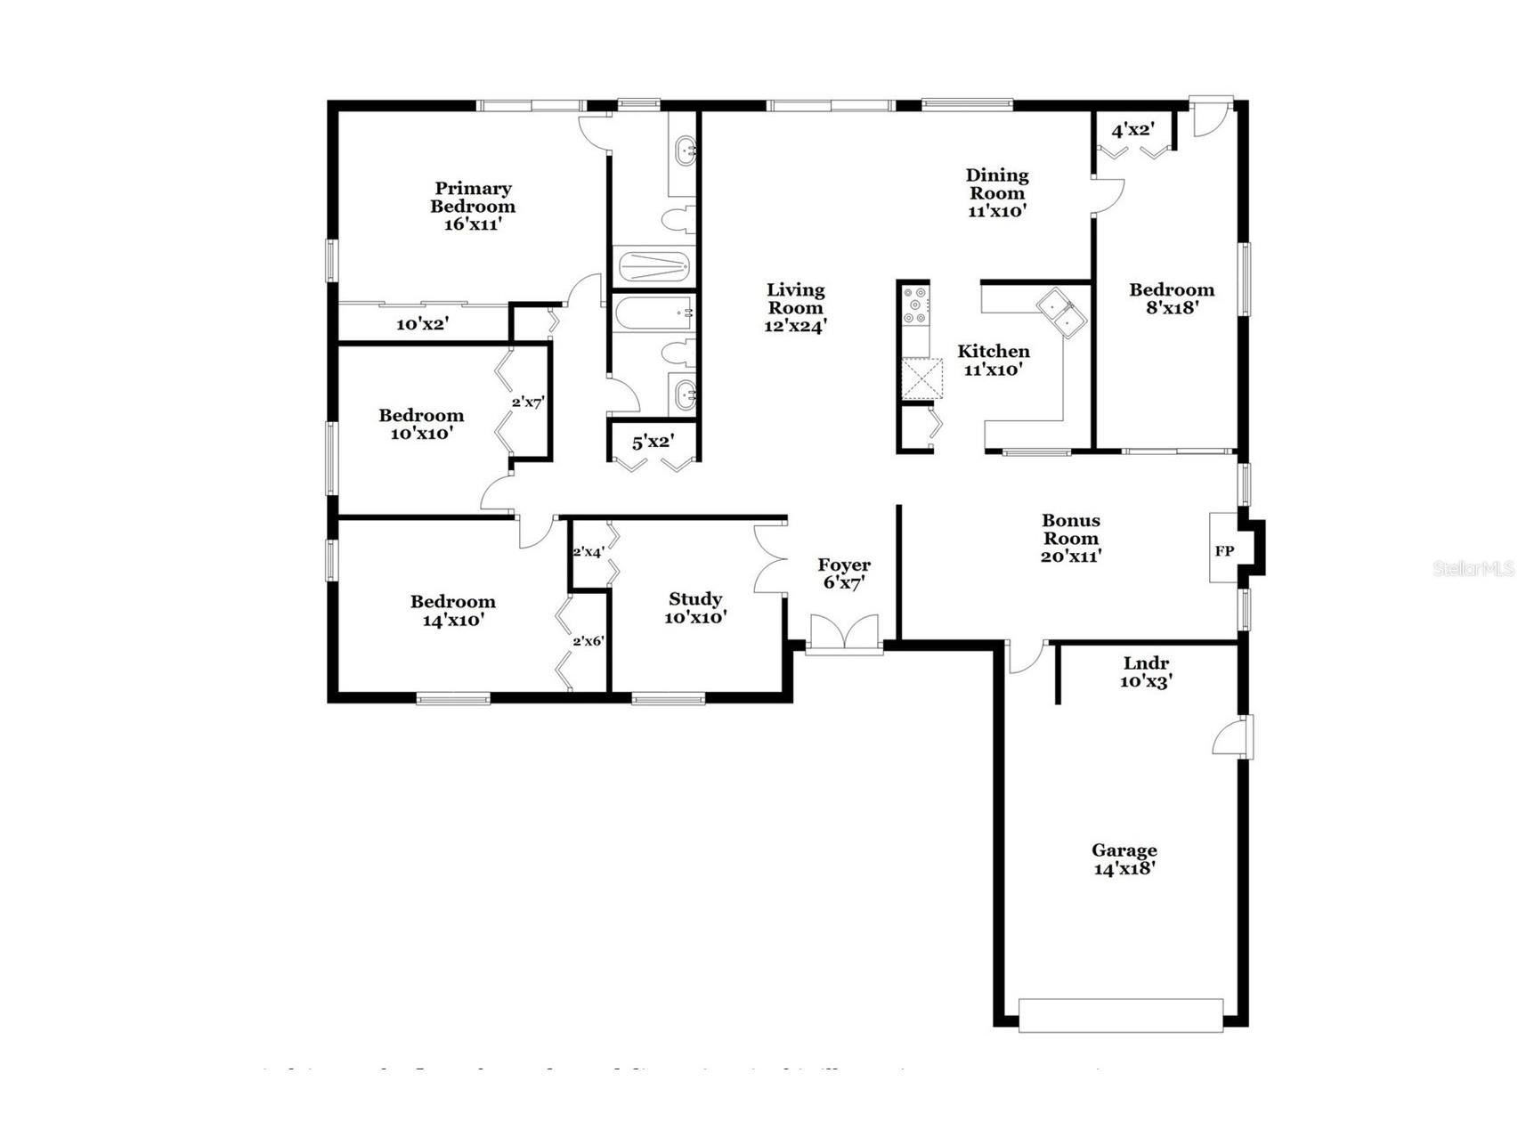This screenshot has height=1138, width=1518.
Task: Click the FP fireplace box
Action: pyautogui.click(x=1224, y=550)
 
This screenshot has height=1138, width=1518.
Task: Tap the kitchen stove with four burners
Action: pyautogui.click(x=915, y=305)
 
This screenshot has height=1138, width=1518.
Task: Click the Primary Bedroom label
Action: pyautogui.click(x=473, y=206)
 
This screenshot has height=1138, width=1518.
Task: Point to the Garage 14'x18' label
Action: pyautogui.click(x=1124, y=859)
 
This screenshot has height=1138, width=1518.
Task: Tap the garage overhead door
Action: pyautogui.click(x=1121, y=1015)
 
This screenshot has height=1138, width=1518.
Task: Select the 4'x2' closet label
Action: pyautogui.click(x=1132, y=130)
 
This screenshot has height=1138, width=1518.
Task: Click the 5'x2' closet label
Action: pyautogui.click(x=653, y=441)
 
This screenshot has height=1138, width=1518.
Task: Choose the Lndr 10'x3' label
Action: pyautogui.click(x=1146, y=672)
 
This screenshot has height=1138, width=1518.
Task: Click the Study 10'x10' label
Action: pyautogui.click(x=695, y=607)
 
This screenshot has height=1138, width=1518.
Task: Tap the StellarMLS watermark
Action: pyautogui.click(x=1473, y=568)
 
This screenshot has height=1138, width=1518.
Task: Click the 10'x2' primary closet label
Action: pyautogui.click(x=422, y=324)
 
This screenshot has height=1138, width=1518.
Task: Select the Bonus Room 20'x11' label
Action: pyautogui.click(x=1071, y=538)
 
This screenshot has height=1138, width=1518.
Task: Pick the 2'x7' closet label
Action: pyautogui.click(x=527, y=402)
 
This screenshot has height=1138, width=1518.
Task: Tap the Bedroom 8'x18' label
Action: pyautogui.click(x=1172, y=298)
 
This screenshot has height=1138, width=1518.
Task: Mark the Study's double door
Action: pyautogui.click(x=768, y=559)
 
